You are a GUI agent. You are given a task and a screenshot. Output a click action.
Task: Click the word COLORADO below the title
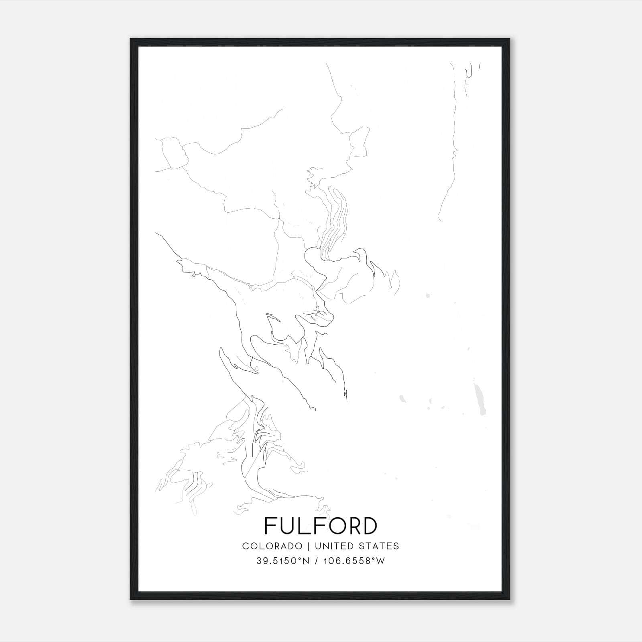272,546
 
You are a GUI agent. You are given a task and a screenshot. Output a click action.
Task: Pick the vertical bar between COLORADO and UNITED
309,546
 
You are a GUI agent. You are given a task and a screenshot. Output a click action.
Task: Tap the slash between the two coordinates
317,561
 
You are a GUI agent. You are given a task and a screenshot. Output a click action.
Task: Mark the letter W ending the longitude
380,561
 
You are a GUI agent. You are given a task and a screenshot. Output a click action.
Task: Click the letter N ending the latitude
306,561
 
